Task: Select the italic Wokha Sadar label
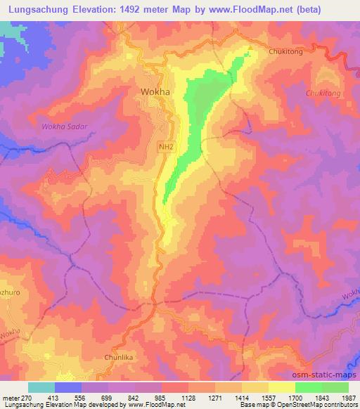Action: point(63,126)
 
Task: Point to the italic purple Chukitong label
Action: point(323,92)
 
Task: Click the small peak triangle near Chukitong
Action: point(248,48)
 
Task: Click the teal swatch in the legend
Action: point(41,387)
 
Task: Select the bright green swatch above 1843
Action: point(309,387)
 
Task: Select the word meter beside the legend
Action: point(12,397)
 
